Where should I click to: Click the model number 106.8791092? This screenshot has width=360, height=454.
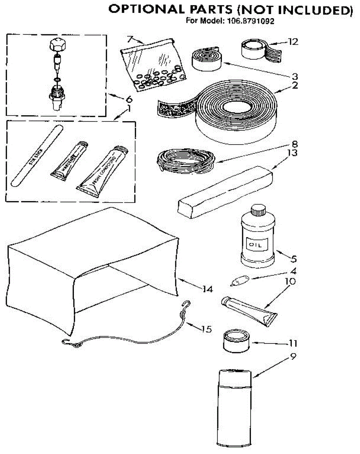coord(250,21)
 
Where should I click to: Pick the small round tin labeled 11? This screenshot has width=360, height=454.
coord(235,341)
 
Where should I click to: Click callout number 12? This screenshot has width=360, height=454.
coord(293,42)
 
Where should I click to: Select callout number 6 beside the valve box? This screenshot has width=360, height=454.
coord(129,99)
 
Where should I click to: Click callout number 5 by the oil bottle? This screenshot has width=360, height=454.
coord(293,260)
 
